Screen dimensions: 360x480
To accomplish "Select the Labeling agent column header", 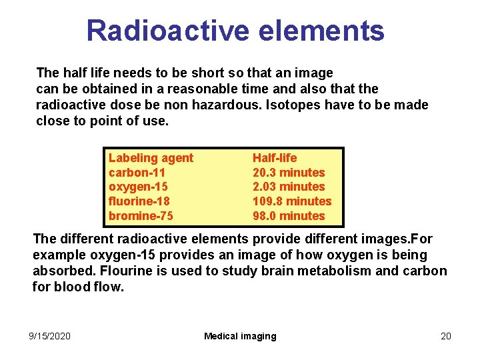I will coord(151,158).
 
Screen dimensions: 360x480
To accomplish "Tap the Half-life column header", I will coord(275,158).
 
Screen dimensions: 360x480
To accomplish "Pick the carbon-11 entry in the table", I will coord(137,173).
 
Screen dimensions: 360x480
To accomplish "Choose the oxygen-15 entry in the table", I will coord(139,187).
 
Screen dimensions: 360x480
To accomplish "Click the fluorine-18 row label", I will coord(139,201).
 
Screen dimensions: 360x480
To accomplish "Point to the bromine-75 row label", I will coord(141,216).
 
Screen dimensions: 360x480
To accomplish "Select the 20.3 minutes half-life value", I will coord(289,173).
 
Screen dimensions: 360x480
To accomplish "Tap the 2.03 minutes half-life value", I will coord(289,187).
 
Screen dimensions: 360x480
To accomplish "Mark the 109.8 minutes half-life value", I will coord(292,201).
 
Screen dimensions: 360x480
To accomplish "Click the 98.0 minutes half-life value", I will coord(289,216).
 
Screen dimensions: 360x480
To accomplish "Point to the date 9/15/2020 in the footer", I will coord(50,336).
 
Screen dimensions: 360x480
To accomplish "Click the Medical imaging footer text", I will coord(240,336).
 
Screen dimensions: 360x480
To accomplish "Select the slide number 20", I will coord(446,336).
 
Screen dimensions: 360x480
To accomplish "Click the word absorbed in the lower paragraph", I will coord(61,271).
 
